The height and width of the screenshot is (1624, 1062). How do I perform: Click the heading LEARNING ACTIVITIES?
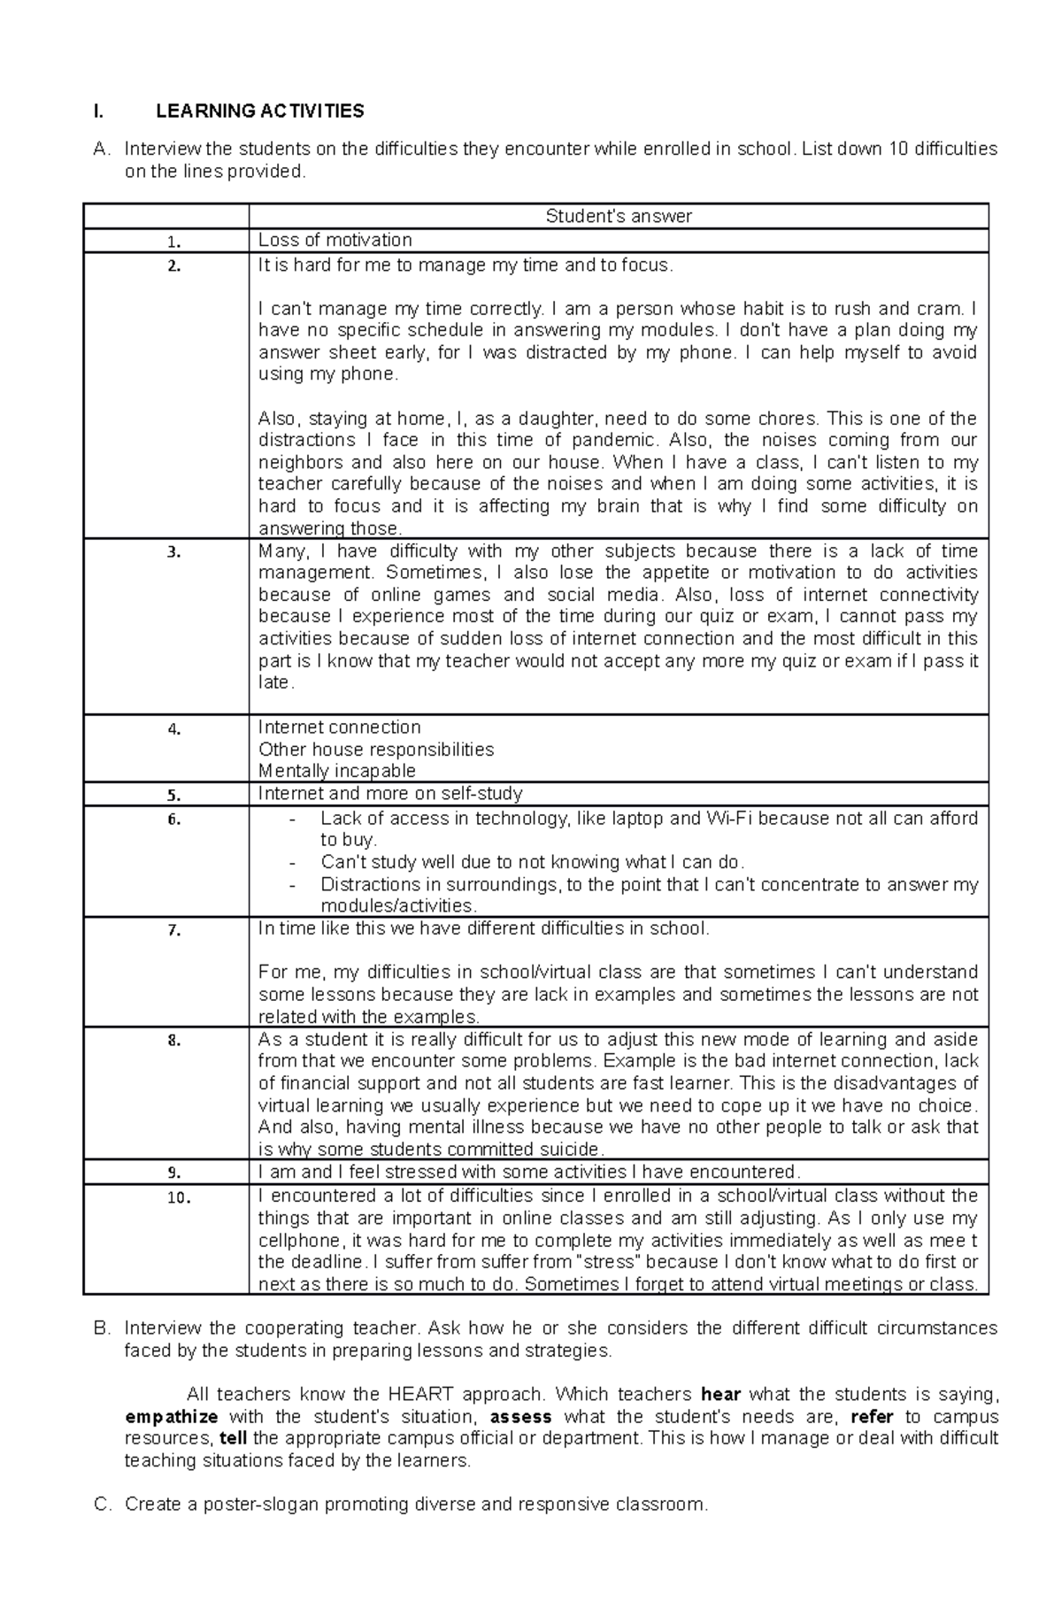[x=259, y=111]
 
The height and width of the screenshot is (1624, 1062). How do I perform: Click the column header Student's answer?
[x=618, y=216]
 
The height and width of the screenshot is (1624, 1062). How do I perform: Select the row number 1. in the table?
[x=173, y=242]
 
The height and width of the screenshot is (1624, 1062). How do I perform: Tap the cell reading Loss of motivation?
[x=335, y=240]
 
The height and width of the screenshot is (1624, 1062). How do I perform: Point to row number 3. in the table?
[x=173, y=552]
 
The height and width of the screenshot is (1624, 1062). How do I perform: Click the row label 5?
[x=173, y=795]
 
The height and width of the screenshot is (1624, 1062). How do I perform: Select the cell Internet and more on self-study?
[x=389, y=793]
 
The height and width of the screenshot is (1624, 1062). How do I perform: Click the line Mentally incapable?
[x=336, y=771]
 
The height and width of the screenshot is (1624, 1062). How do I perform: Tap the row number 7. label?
[x=173, y=930]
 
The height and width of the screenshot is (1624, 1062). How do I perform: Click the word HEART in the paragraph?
[x=416, y=1395]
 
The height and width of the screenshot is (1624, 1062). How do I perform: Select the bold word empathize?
[x=172, y=1417]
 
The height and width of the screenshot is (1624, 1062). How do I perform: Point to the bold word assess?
[x=520, y=1417]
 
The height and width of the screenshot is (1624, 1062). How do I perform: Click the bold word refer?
[x=871, y=1417]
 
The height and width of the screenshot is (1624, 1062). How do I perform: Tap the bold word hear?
[x=720, y=1395]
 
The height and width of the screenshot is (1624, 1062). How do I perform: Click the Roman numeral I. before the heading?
[x=97, y=112]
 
